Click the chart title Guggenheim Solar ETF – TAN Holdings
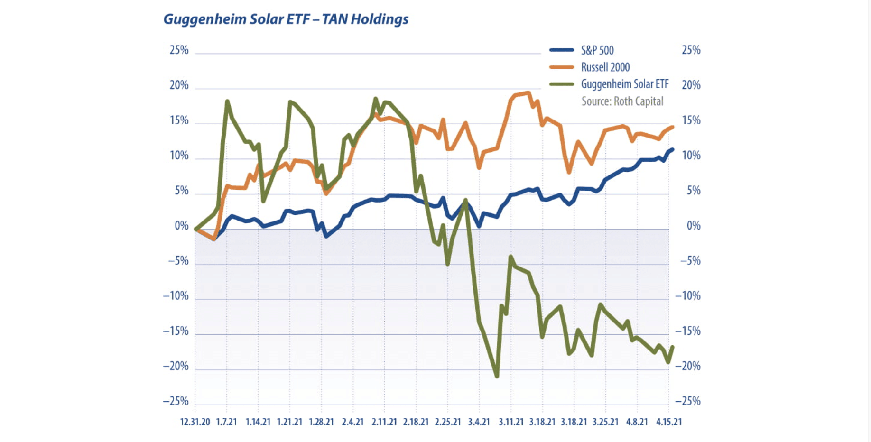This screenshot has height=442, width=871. click(x=286, y=19)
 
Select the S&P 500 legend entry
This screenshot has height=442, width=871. click(x=597, y=50)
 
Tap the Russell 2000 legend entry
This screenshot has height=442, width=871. click(x=605, y=67)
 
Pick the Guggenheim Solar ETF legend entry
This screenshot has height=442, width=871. click(x=624, y=84)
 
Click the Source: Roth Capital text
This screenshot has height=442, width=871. click(x=622, y=101)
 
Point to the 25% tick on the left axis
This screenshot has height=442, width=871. click(x=179, y=50)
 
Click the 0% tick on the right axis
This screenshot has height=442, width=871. click(x=693, y=226)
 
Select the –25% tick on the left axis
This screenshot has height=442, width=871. click(x=176, y=401)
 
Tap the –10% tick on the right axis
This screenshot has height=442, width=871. click(x=688, y=296)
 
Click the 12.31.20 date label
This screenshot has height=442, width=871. click(x=195, y=422)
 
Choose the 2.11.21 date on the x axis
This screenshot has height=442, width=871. click(x=384, y=422)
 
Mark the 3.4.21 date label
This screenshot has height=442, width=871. click(x=479, y=422)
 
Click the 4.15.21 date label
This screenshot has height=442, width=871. click(x=669, y=422)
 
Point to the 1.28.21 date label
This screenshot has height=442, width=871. click(x=321, y=422)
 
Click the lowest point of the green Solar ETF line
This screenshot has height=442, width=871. click(x=497, y=376)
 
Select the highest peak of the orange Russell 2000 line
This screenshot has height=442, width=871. click(x=528, y=93)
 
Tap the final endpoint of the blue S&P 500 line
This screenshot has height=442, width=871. click(x=672, y=150)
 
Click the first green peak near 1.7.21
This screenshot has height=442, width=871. click(x=227, y=101)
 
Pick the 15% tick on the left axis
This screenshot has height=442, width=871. click(x=179, y=120)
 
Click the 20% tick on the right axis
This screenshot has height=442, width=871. click(x=691, y=85)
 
